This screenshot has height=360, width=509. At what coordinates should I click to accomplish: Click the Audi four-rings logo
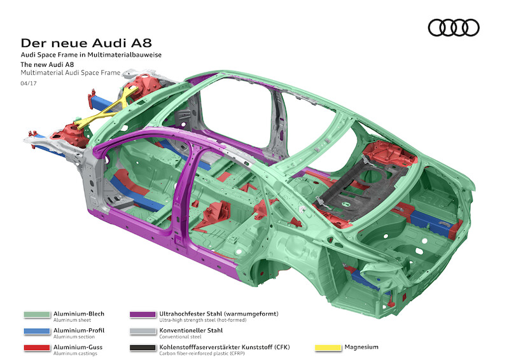[x=454, y=27]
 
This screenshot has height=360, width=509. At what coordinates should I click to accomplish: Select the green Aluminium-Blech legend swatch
[x=37, y=314]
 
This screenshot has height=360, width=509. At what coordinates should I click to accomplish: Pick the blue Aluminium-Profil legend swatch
[x=37, y=331]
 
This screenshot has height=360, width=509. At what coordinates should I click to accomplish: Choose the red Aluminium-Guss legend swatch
[x=37, y=347]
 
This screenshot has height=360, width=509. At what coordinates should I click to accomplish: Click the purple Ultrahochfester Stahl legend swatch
[x=143, y=314]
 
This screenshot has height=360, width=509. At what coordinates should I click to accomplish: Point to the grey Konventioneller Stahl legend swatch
[x=143, y=331]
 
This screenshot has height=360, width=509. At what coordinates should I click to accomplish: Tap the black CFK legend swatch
[x=143, y=347]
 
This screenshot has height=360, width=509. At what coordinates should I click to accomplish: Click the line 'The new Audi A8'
[x=49, y=65]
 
